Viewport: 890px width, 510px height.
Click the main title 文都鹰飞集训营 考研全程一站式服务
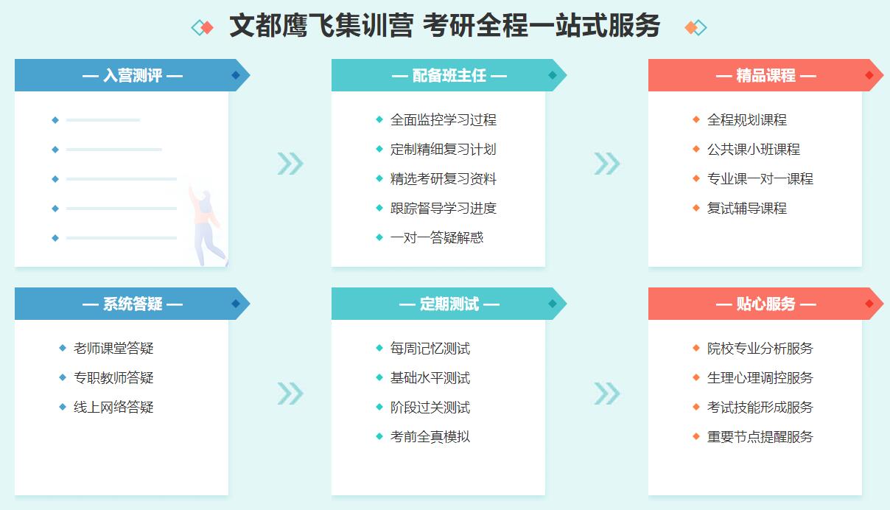pyautogui.click(x=444, y=26)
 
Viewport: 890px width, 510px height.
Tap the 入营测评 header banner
pyautogui.click(x=133, y=75)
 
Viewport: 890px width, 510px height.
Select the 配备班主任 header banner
pyautogui.click(x=449, y=75)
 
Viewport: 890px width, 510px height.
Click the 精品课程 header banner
pyautogui.click(x=765, y=75)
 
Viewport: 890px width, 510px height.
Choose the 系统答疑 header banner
pyautogui.click(x=133, y=304)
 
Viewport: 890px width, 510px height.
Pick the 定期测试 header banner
pyautogui.click(x=449, y=304)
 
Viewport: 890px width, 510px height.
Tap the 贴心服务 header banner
pyautogui.click(x=765, y=304)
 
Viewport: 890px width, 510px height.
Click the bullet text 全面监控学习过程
pyautogui.click(x=444, y=119)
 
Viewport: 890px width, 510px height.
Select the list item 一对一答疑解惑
pyautogui.click(x=437, y=238)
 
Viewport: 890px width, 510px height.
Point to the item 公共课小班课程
pyautogui.click(x=753, y=149)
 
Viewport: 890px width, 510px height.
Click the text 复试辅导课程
pyautogui.click(x=747, y=208)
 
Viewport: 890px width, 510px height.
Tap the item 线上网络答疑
pyautogui.click(x=113, y=407)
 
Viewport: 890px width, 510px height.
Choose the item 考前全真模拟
pyautogui.click(x=430, y=436)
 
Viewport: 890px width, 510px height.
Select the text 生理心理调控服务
pyautogui.click(x=760, y=377)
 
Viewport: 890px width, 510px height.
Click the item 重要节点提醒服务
pyautogui.click(x=760, y=436)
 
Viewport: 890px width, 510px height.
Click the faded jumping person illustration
pyautogui.click(x=206, y=223)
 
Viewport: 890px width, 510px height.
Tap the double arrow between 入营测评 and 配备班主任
pyautogui.click(x=290, y=164)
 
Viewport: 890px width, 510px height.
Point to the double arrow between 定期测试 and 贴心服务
pyautogui.click(x=607, y=394)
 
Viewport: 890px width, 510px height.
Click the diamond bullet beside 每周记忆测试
pyautogui.click(x=379, y=348)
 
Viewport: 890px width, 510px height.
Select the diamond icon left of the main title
pyautogui.click(x=203, y=27)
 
